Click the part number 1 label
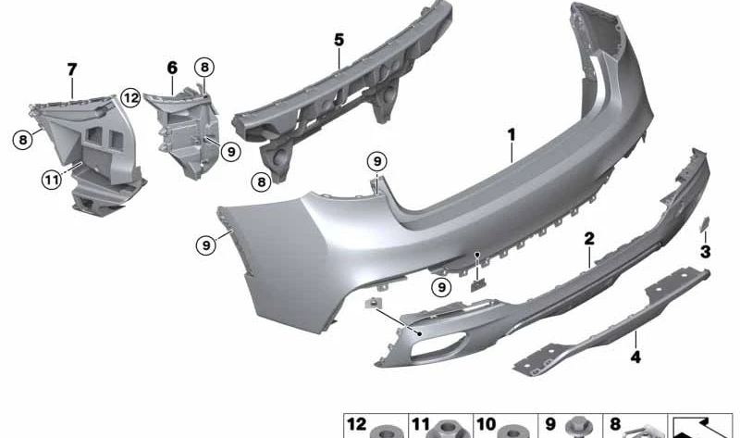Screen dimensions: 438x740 [510, 135]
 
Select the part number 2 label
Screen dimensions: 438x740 [588, 239]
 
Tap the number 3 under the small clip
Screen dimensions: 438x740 [705, 251]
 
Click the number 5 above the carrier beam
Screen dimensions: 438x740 [339, 40]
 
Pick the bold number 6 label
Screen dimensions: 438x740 [172, 68]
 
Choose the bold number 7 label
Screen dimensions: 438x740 [71, 68]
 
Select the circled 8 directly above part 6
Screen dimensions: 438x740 [203, 66]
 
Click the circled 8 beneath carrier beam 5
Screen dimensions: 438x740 [261, 182]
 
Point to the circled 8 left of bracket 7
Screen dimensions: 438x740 [21, 140]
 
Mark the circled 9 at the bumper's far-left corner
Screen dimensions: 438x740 [205, 244]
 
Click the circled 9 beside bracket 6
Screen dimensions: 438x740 [230, 149]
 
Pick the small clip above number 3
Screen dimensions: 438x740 [704, 222]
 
